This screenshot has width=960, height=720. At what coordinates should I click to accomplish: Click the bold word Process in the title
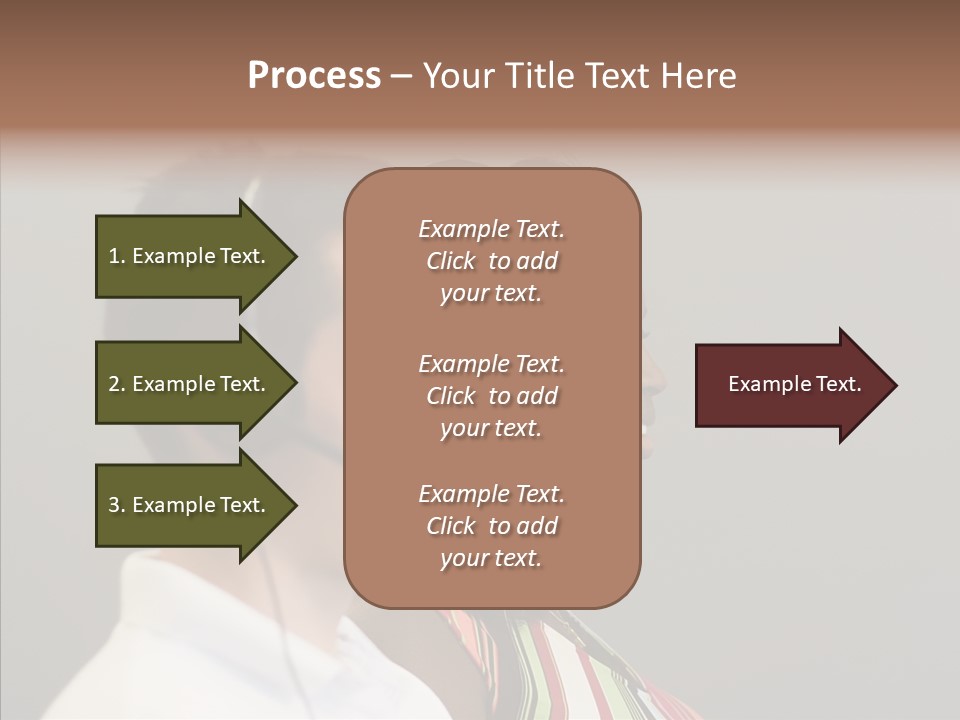[x=314, y=76]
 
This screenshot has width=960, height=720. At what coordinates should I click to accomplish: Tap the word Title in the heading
[x=542, y=76]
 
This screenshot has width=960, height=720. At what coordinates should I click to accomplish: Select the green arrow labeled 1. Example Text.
[x=190, y=256]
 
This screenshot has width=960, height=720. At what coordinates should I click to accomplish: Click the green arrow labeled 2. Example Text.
[x=190, y=384]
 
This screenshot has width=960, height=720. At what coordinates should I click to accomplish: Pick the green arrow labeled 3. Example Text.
[x=190, y=505]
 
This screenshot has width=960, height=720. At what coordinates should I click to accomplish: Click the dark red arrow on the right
[x=790, y=385]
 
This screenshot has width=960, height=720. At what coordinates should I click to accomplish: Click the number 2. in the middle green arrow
[x=117, y=384]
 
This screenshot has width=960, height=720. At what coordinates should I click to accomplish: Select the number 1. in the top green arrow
[x=117, y=256]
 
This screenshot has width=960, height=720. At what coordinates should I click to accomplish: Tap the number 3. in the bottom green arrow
[x=117, y=505]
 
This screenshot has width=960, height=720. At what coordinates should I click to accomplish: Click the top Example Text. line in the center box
[x=491, y=229]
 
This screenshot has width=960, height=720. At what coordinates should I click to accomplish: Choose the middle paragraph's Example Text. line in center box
[x=491, y=363]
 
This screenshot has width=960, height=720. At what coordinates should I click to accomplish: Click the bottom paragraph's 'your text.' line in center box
[x=491, y=558]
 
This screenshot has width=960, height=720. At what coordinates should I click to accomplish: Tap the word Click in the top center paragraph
[x=451, y=261]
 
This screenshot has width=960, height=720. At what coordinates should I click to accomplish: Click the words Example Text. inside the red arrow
[x=794, y=384]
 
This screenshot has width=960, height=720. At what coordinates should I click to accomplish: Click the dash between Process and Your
[x=401, y=76]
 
